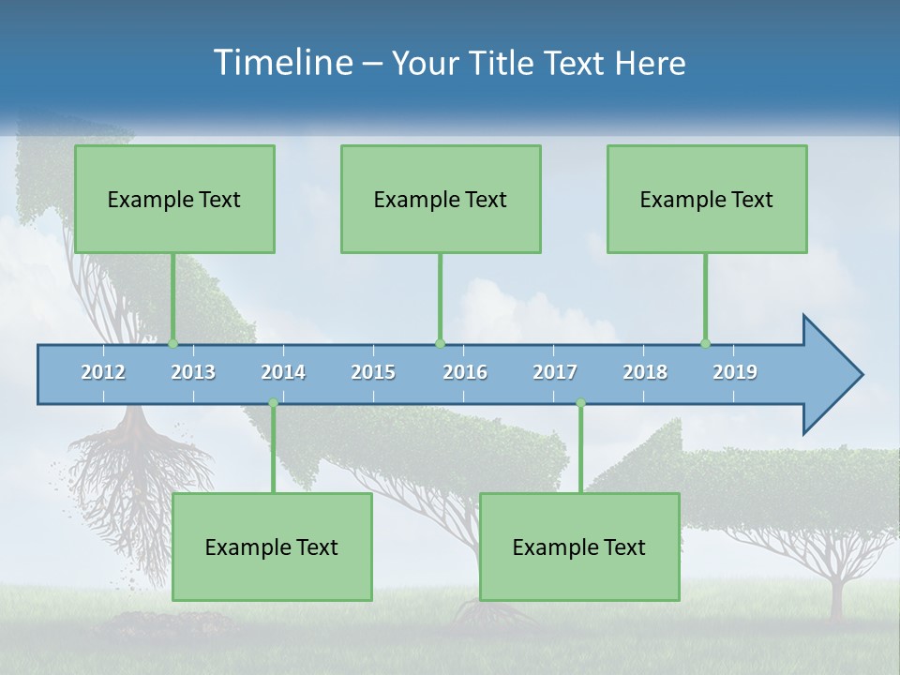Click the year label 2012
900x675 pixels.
[x=103, y=372]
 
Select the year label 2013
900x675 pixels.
[x=193, y=372]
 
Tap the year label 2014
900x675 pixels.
[x=283, y=372]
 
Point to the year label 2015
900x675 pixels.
[x=373, y=372]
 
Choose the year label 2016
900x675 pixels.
[x=465, y=372]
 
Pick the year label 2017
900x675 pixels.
[x=555, y=372]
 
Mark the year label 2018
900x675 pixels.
[x=645, y=372]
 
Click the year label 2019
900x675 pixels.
[x=735, y=372]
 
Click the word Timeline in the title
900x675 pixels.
[x=282, y=63]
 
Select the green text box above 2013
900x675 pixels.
[x=174, y=199]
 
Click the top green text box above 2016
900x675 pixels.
[x=441, y=199]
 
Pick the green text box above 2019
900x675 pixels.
[x=707, y=199]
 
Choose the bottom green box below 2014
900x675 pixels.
[x=272, y=547]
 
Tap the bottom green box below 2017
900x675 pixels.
[x=579, y=547]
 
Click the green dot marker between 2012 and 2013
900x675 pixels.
[x=172, y=343]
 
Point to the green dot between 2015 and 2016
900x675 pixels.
[x=440, y=343]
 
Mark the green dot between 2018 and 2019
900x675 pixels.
[x=705, y=343]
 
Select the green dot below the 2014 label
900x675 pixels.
[x=273, y=403]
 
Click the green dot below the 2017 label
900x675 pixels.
[x=580, y=403]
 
